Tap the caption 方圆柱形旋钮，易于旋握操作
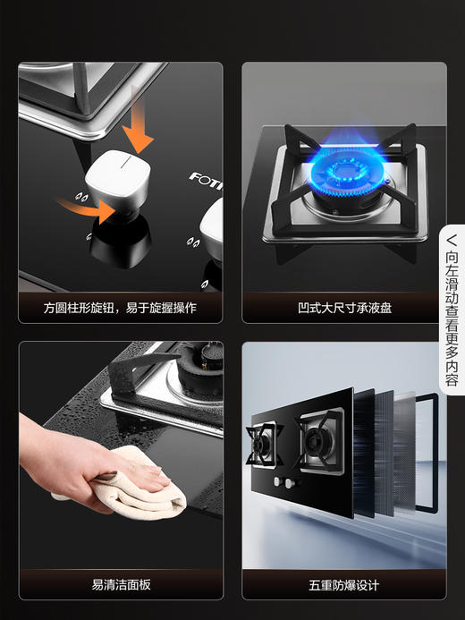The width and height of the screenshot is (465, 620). click(120, 308)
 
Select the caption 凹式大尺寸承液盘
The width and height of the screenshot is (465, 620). click(343, 308)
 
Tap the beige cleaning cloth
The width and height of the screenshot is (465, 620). click(134, 488)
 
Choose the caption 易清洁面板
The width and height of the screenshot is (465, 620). click(120, 585)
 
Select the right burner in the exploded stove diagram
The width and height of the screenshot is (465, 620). click(319, 437)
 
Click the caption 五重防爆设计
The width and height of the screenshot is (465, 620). click(343, 585)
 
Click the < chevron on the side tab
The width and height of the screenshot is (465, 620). click(452, 240)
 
